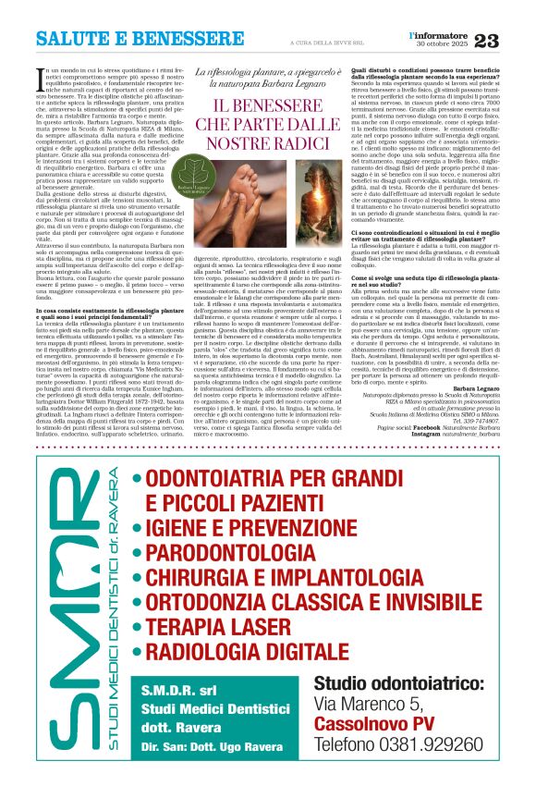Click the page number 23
click(509, 40)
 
